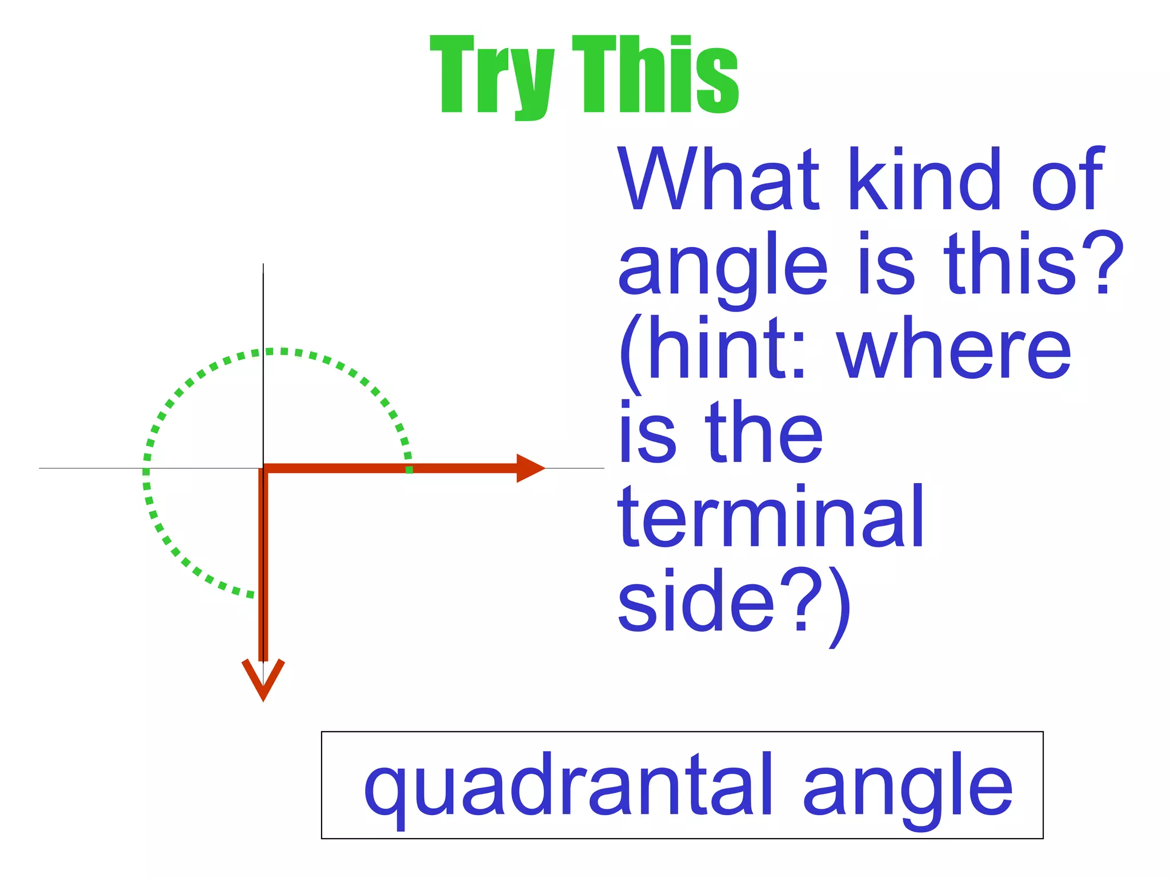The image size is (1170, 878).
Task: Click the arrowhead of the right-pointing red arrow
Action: pyautogui.click(x=530, y=468)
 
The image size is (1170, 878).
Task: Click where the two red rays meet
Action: pyautogui.click(x=263, y=469)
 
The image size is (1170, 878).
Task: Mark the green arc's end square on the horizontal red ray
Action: pyautogui.click(x=409, y=469)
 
